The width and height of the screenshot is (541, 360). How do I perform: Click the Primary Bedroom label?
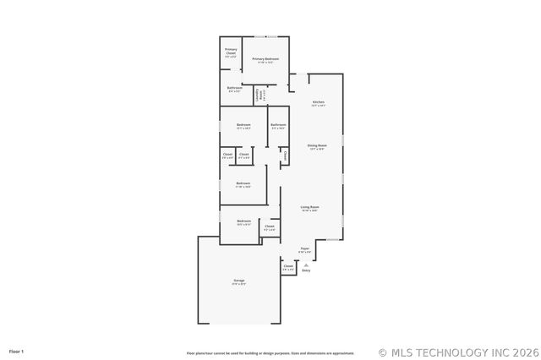265,59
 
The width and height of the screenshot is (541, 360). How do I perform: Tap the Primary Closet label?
231,52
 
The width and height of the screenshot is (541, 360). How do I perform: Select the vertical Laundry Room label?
258,95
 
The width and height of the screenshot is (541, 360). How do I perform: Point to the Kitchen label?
318,103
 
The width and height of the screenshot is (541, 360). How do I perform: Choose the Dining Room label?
317,145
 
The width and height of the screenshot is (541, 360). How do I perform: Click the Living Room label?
309,207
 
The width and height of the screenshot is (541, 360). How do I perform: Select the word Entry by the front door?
306,270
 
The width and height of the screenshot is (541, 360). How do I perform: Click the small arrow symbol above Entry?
306,265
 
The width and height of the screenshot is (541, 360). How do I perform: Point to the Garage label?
239,281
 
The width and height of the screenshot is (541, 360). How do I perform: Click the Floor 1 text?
17,351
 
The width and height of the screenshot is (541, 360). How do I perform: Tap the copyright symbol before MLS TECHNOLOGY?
383,352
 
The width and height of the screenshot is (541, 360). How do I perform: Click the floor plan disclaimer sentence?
270,353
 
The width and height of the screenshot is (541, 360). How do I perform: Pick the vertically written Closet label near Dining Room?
286,155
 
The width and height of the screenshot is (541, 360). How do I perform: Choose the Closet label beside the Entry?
288,266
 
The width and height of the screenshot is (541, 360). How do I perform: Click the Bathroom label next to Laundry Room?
235,88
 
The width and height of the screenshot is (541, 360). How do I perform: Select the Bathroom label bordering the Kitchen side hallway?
278,125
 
